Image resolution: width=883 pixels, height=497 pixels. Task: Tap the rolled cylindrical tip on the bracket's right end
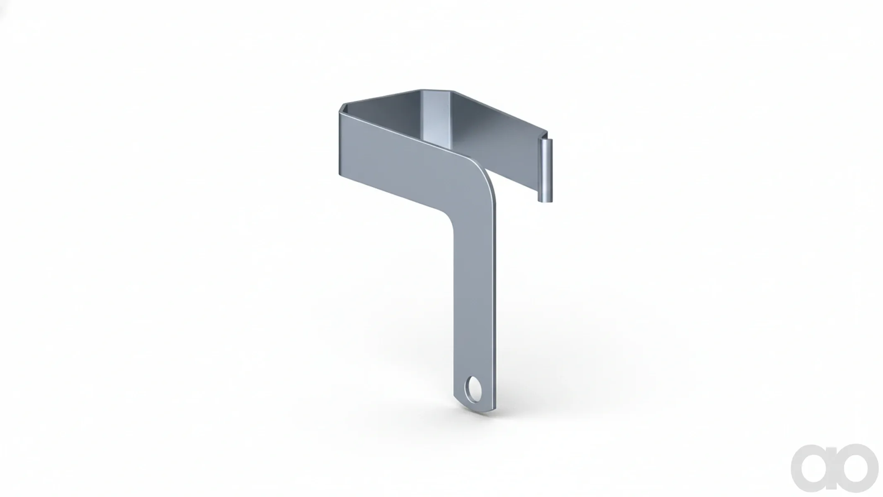(545, 171)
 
